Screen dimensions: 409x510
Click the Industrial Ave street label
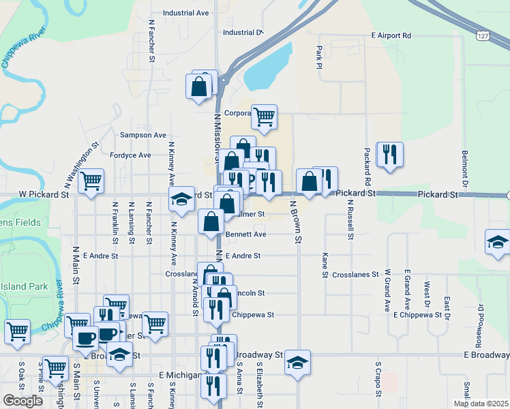(x=186, y=13)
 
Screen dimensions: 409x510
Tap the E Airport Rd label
(x=391, y=35)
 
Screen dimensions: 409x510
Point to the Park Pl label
(x=318, y=57)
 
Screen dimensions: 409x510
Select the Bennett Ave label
(x=246, y=234)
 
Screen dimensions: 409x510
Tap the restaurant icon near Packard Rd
(x=389, y=155)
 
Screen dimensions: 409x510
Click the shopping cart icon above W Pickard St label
(x=91, y=182)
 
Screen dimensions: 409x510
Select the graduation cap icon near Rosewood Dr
(x=498, y=243)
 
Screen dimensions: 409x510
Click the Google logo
(x=22, y=401)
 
